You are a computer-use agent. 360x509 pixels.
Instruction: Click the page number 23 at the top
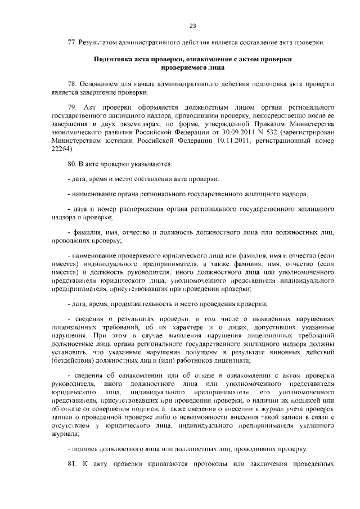click(x=192, y=26)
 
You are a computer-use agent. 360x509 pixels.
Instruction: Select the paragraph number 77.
click(x=71, y=43)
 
